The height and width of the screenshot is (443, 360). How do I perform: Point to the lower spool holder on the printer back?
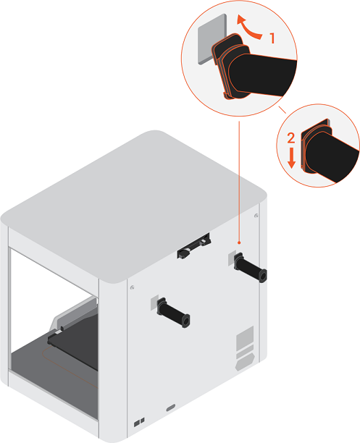click(174, 313)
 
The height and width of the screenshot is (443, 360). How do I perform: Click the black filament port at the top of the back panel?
click(193, 246)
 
